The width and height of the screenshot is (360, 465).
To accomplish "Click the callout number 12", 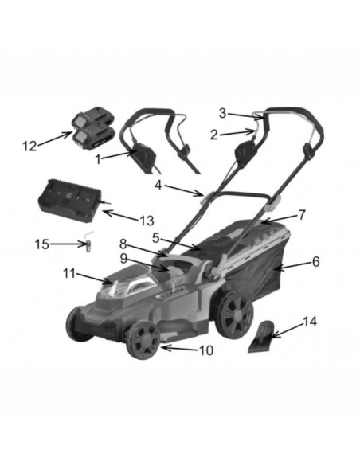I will coord(30,146).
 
